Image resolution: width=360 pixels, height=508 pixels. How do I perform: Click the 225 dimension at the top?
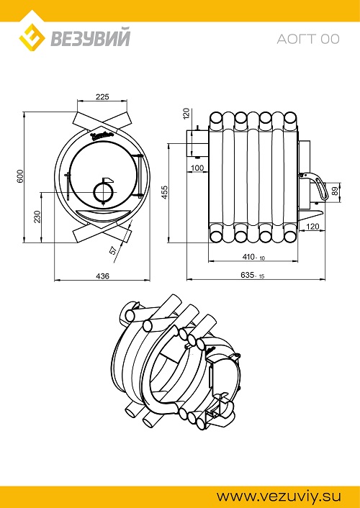pos(102,96)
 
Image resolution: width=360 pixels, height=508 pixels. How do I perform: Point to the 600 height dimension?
pos(20,176)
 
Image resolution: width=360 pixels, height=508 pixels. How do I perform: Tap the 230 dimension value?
pos(38,217)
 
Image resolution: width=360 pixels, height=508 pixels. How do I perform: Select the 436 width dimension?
pos(103,276)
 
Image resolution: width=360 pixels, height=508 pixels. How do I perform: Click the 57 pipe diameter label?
pos(113,250)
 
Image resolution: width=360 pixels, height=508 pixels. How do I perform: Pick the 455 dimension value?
pos(165,192)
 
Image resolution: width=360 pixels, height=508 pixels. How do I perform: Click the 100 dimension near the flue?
pos(197,168)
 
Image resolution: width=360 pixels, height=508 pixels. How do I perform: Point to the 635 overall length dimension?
pos(253,275)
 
